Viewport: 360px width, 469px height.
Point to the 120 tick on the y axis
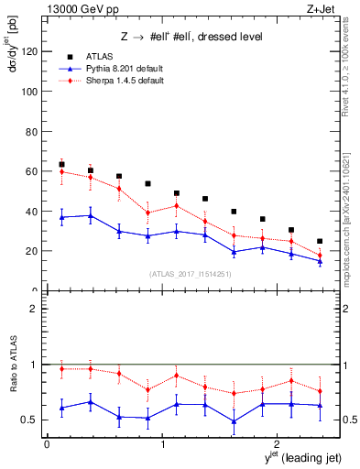[x=33, y=51]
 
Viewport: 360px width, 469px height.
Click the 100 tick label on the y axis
[x=33, y=92]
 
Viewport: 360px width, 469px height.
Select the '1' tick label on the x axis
[x=163, y=444]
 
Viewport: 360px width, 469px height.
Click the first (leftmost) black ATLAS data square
[x=61, y=165]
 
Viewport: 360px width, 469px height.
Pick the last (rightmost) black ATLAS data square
[x=320, y=242]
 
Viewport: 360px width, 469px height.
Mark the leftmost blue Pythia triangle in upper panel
[x=61, y=217]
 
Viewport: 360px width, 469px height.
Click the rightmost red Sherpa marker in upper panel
[x=320, y=256]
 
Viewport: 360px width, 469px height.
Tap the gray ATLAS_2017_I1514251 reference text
[x=191, y=275]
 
